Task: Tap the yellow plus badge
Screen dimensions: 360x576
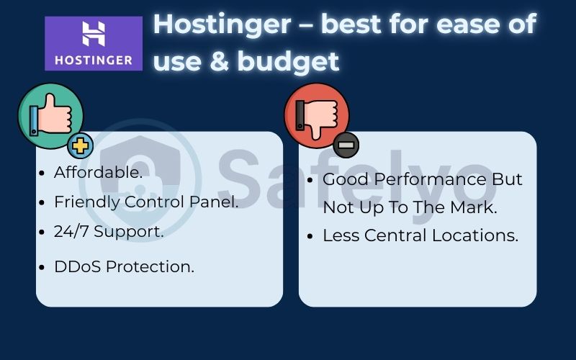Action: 80,146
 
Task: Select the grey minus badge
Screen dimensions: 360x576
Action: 346,145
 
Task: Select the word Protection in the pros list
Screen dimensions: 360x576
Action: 149,266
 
